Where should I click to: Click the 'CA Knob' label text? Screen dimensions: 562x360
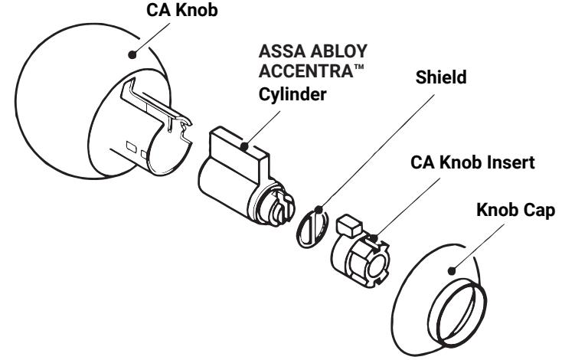click(x=181, y=10)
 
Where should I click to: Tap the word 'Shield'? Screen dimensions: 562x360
click(x=441, y=77)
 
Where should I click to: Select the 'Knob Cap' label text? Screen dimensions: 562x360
click(x=516, y=210)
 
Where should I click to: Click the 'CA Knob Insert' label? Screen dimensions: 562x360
click(x=472, y=162)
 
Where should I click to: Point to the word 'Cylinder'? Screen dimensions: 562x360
click(x=292, y=95)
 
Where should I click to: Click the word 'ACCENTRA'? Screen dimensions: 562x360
click(x=306, y=71)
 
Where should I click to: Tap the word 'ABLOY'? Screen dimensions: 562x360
click(x=338, y=51)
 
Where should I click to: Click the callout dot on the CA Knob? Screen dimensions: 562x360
click(x=132, y=55)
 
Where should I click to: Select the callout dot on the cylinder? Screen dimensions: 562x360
click(x=244, y=146)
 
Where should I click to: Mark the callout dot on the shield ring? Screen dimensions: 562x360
click(x=319, y=209)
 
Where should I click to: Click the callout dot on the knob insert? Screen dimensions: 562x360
click(x=373, y=238)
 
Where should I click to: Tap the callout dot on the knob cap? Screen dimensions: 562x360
click(x=452, y=271)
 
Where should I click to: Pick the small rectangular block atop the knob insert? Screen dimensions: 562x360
click(x=349, y=226)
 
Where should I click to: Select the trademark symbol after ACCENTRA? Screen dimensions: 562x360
click(x=359, y=67)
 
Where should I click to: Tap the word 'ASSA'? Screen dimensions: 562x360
click(x=282, y=51)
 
